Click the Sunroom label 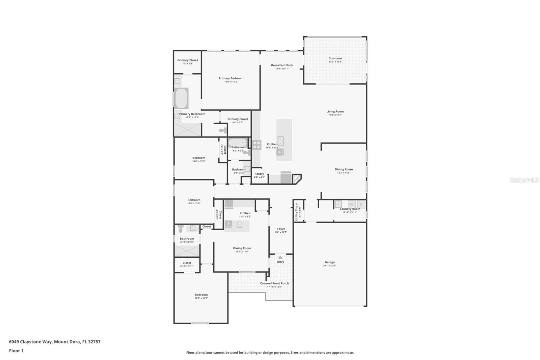coord(335,58)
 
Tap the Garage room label coord(330,262)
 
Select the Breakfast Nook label coord(282,65)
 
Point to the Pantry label coord(259,174)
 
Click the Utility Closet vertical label coord(297,211)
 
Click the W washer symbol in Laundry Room coord(352,204)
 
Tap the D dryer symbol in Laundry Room coord(361,204)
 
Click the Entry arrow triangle coord(280,257)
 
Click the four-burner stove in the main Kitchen coord(256,145)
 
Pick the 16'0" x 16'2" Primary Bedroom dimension coord(231,82)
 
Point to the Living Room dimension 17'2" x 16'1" coord(335,115)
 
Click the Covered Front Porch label coord(274,283)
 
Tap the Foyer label coord(281,229)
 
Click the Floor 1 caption coord(16,351)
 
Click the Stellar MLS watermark coord(524,180)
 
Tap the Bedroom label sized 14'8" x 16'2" coord(201,294)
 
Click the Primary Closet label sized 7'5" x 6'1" coord(188,60)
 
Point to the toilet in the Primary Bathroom coord(222,130)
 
